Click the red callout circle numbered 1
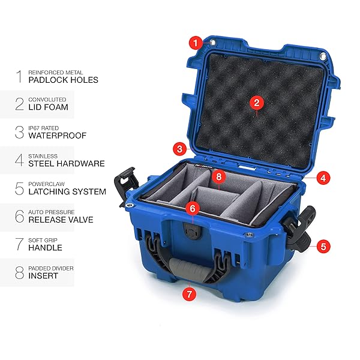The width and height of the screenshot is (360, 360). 196,43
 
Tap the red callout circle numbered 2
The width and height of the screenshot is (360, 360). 257,103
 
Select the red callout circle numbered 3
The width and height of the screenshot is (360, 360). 180,149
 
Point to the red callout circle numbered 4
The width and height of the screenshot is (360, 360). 323,178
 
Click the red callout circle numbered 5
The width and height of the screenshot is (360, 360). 323,247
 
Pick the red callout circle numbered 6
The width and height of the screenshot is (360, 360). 193,208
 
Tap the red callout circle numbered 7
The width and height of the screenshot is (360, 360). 190,293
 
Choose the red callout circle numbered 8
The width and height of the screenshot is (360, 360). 219,176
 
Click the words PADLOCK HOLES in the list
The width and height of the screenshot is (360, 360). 64,80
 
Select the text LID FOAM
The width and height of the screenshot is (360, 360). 49,107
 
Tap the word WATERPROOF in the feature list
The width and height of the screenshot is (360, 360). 58,136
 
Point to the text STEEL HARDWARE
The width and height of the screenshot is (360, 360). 67,163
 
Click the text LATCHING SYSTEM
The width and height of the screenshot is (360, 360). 67,191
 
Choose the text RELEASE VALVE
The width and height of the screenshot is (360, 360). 61,220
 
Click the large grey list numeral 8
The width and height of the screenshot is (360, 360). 20,272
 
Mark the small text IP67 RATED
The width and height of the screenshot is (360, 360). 44,128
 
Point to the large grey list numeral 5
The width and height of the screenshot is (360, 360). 20,188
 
